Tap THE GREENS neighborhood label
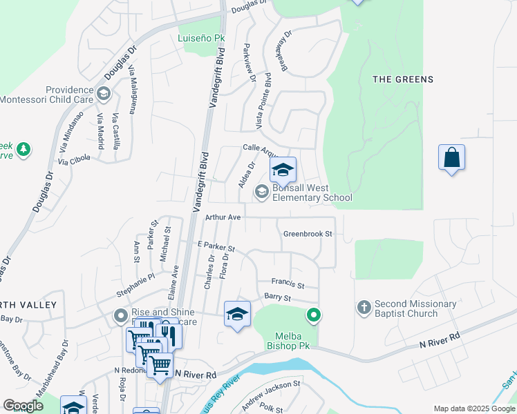click(403, 79)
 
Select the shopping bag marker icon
click(451, 157)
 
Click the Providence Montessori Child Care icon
click(103, 93)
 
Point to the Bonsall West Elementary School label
click(312, 193)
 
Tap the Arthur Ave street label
click(223, 217)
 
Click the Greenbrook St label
click(308, 234)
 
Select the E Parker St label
click(216, 246)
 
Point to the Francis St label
click(288, 284)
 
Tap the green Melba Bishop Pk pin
click(314, 316)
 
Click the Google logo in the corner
click(23, 406)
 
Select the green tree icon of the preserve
click(23, 149)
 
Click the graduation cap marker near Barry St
click(237, 314)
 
